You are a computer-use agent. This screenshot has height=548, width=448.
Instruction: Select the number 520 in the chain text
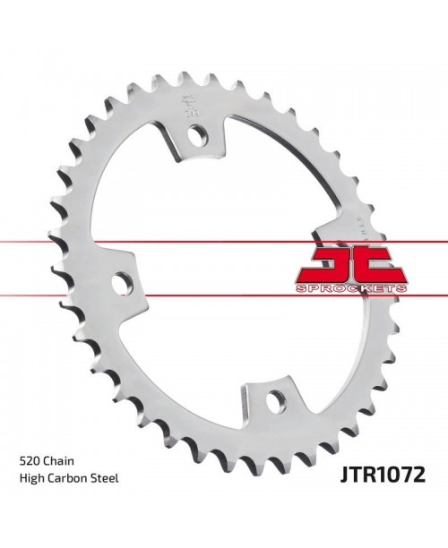(30, 459)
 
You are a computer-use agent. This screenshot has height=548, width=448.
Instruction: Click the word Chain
(60, 459)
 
